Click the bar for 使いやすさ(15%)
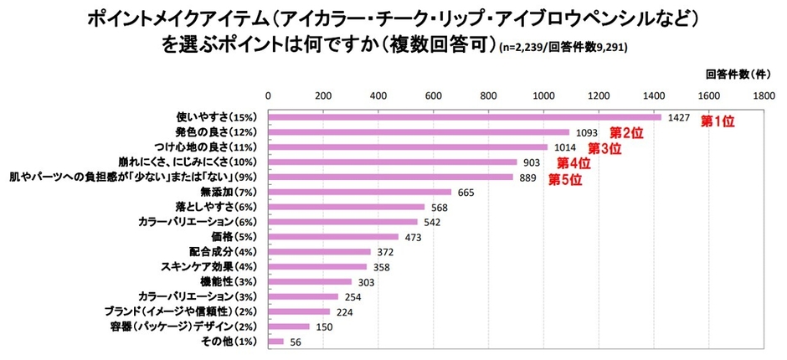465,117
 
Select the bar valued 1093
419,132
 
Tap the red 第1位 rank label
718,121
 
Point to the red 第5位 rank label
564,178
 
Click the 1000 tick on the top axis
544,95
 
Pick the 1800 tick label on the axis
764,95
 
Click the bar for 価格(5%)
333,237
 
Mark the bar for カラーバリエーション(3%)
303,296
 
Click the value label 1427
679,118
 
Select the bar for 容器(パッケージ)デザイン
289,327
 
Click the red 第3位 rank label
604,149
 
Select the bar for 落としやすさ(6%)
347,207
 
